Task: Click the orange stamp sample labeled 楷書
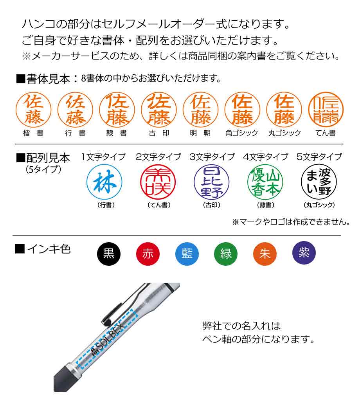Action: click(34, 110)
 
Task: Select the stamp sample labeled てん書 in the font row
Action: click(326, 110)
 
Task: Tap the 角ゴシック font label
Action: click(242, 133)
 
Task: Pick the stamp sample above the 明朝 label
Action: click(200, 110)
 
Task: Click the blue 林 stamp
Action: click(104, 182)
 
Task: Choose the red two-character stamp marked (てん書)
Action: click(158, 182)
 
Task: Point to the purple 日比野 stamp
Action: click(212, 182)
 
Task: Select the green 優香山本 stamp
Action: click(265, 182)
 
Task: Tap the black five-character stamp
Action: click(319, 182)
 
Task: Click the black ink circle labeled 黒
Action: click(109, 254)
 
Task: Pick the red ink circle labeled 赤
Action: click(148, 254)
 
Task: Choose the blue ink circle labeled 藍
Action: click(187, 254)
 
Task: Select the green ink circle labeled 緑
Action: click(226, 254)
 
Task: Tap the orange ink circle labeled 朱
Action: click(265, 254)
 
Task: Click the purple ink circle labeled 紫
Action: click(304, 253)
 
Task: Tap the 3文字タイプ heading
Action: click(212, 157)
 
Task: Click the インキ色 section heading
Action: click(43, 249)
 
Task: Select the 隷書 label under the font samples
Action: click(116, 133)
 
